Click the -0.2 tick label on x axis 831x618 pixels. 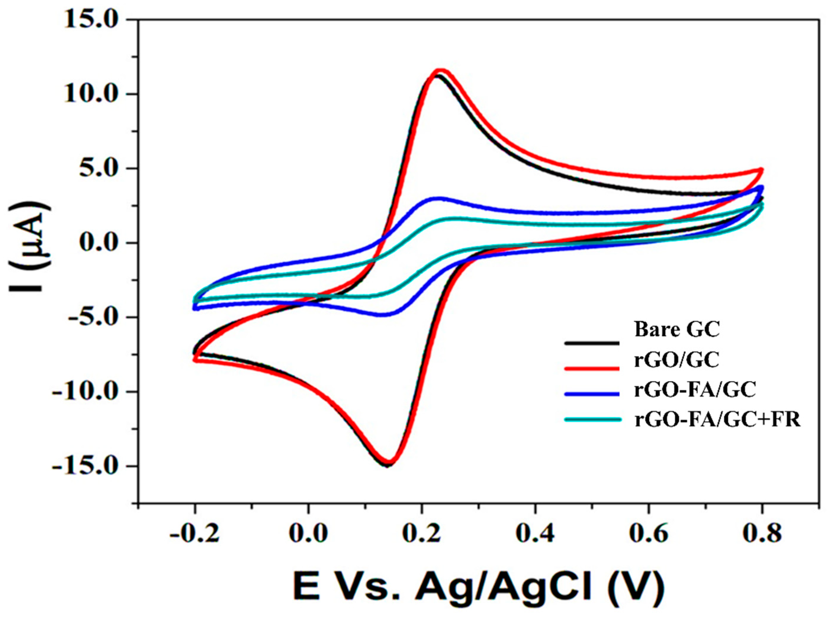(x=195, y=534)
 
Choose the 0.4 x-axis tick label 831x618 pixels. (x=535, y=534)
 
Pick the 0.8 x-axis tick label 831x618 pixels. (x=761, y=534)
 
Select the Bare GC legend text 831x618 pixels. (x=677, y=330)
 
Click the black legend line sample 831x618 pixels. (x=591, y=342)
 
